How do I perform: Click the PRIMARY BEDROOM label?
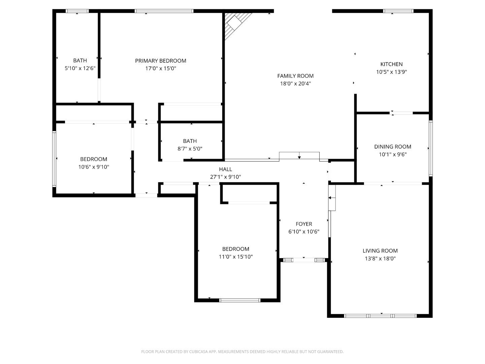(161, 61)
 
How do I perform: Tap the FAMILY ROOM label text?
(295, 76)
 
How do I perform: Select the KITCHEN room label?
(391, 64)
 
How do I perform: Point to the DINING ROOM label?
(392, 147)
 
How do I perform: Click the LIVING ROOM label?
(380, 251)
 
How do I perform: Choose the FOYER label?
(304, 224)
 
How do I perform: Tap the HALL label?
(225, 169)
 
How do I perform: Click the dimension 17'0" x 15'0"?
(161, 68)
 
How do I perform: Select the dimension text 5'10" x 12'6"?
(80, 68)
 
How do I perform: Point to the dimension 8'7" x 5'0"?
(190, 149)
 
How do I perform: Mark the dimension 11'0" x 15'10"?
(236, 257)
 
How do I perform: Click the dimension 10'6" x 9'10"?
(94, 167)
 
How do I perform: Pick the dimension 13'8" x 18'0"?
(380, 259)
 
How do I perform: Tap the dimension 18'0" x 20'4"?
(295, 84)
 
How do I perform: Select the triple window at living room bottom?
(380, 316)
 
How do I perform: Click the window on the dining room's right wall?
(430, 148)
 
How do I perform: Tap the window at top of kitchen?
(398, 11)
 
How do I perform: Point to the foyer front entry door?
(304, 260)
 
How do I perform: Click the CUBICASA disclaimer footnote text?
(242, 352)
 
